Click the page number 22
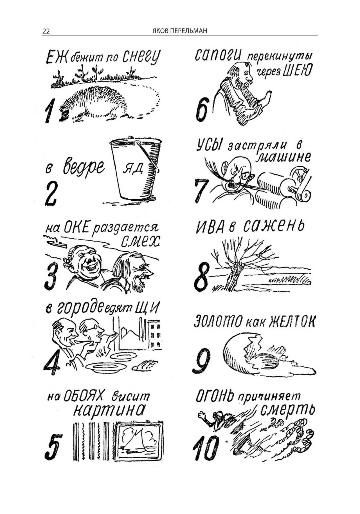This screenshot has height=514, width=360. tap(46, 31)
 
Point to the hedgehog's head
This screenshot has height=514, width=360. tap(65, 113)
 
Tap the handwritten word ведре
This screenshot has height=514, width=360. tap(84, 166)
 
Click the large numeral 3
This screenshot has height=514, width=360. tap(51, 276)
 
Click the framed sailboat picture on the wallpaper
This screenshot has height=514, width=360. tap(138, 441)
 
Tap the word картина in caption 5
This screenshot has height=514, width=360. tap(109, 410)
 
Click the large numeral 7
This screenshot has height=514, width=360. tap(201, 190)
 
